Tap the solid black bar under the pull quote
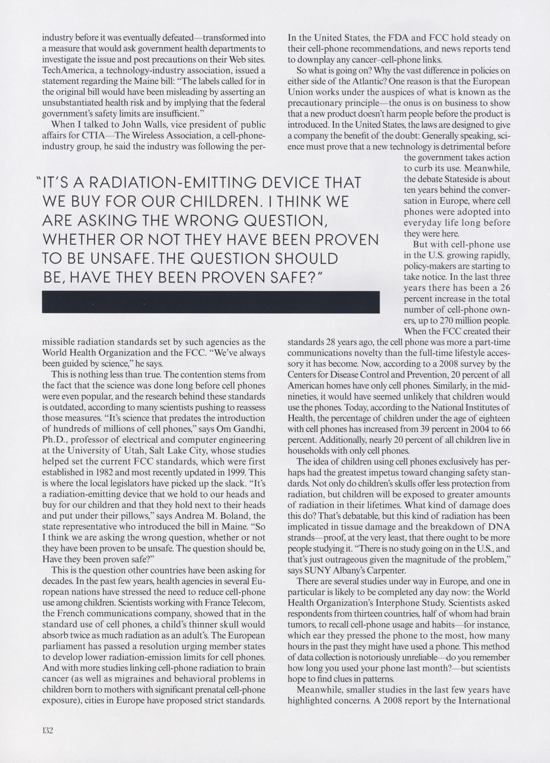coord(211,302)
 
